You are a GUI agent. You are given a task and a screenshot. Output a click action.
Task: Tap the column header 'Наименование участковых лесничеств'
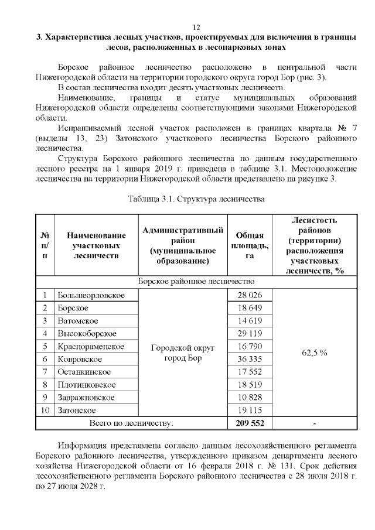pyautogui.click(x=96, y=246)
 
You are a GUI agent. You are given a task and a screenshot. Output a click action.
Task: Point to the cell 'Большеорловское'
pyautogui.click(x=91, y=295)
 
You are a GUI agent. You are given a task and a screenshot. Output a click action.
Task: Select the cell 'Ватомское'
pyautogui.click(x=77, y=321)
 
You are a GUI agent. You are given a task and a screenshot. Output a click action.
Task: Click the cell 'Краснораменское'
pyautogui.click(x=90, y=347)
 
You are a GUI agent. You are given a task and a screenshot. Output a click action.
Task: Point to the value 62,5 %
pyautogui.click(x=315, y=353)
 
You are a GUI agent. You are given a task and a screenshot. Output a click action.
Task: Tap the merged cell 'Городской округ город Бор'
pyautogui.click(x=183, y=353)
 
